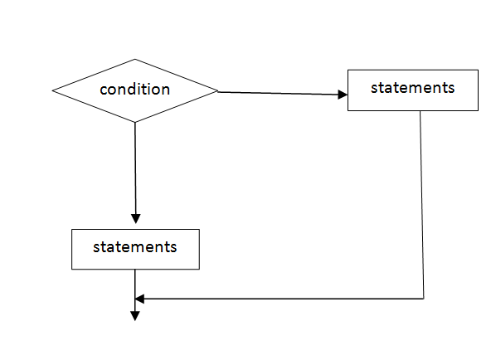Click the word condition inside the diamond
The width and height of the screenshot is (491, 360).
[134, 90]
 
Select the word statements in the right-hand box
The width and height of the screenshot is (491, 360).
[412, 88]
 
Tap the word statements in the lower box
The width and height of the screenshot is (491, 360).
[134, 247]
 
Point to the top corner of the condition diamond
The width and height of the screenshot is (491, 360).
[135, 60]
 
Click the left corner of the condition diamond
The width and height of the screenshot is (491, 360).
[52, 90]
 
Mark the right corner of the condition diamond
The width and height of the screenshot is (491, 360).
[218, 91]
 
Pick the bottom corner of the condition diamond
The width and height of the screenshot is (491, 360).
[135, 123]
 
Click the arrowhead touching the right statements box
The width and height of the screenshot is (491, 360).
[343, 95]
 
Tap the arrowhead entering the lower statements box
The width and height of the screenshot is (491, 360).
[135, 218]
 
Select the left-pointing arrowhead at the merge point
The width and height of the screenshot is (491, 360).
[140, 298]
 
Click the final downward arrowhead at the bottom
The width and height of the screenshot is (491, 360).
[134, 314]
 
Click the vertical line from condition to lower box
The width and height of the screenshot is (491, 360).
[135, 170]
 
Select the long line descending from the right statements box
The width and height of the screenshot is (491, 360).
[422, 203]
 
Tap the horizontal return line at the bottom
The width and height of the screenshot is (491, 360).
[282, 298]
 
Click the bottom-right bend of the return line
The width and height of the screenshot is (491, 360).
[424, 298]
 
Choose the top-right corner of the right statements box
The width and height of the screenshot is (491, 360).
[479, 70]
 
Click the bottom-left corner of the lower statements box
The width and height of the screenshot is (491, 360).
[72, 269]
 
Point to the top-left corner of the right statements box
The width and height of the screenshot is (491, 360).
[348, 70]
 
